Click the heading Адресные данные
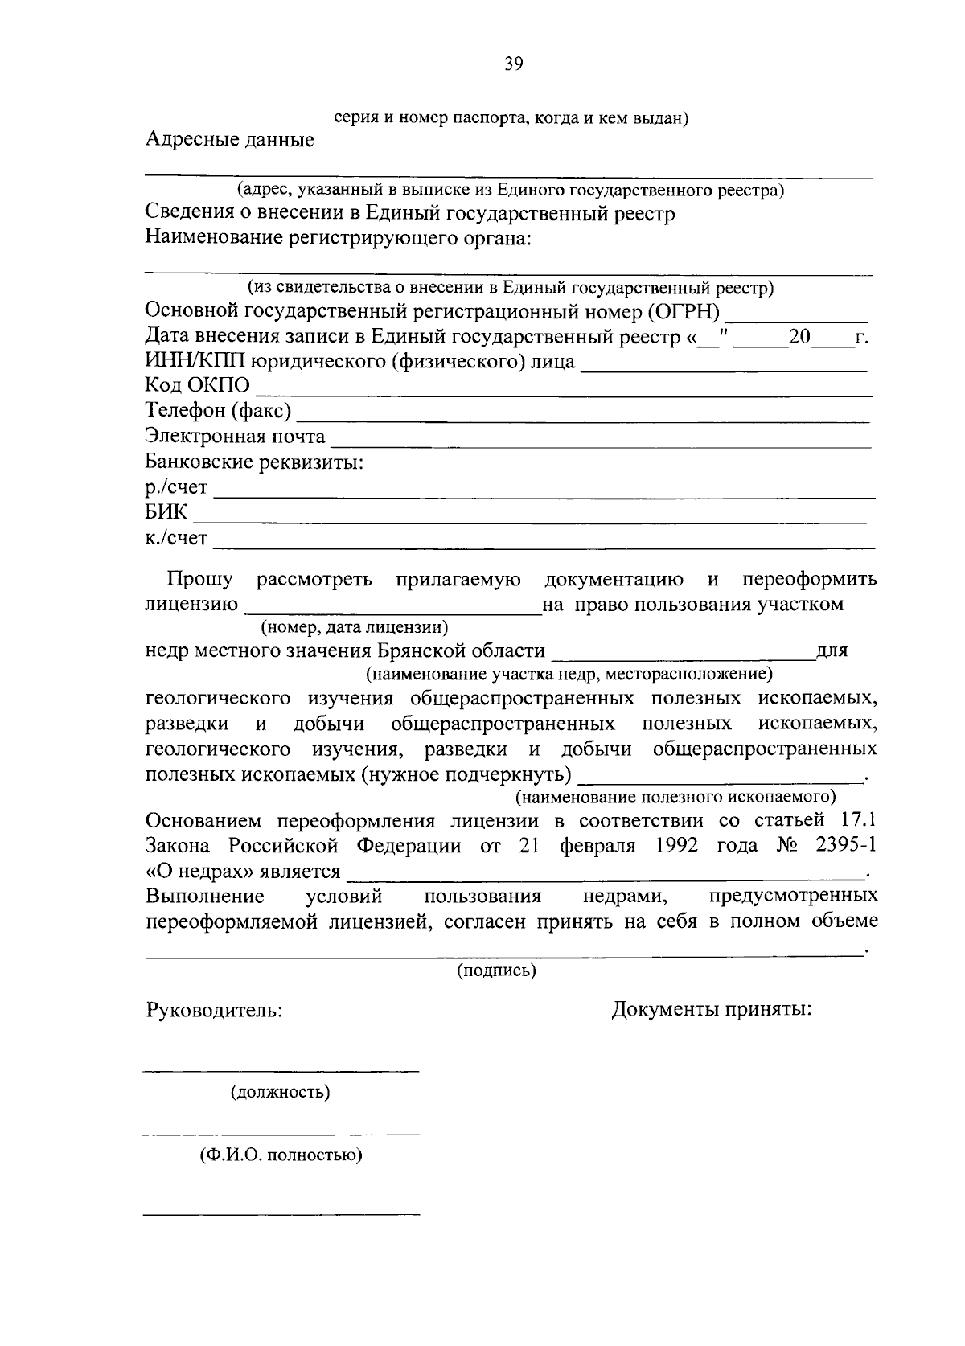pyautogui.click(x=229, y=140)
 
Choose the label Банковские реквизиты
pyautogui.click(x=253, y=462)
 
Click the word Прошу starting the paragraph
pyautogui.click(x=199, y=580)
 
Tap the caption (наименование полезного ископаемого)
pyautogui.click(x=675, y=797)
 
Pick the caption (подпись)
pyautogui.click(x=496, y=971)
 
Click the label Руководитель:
pyautogui.click(x=214, y=1010)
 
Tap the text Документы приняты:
pyautogui.click(x=712, y=1009)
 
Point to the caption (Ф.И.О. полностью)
pyautogui.click(x=281, y=1155)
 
